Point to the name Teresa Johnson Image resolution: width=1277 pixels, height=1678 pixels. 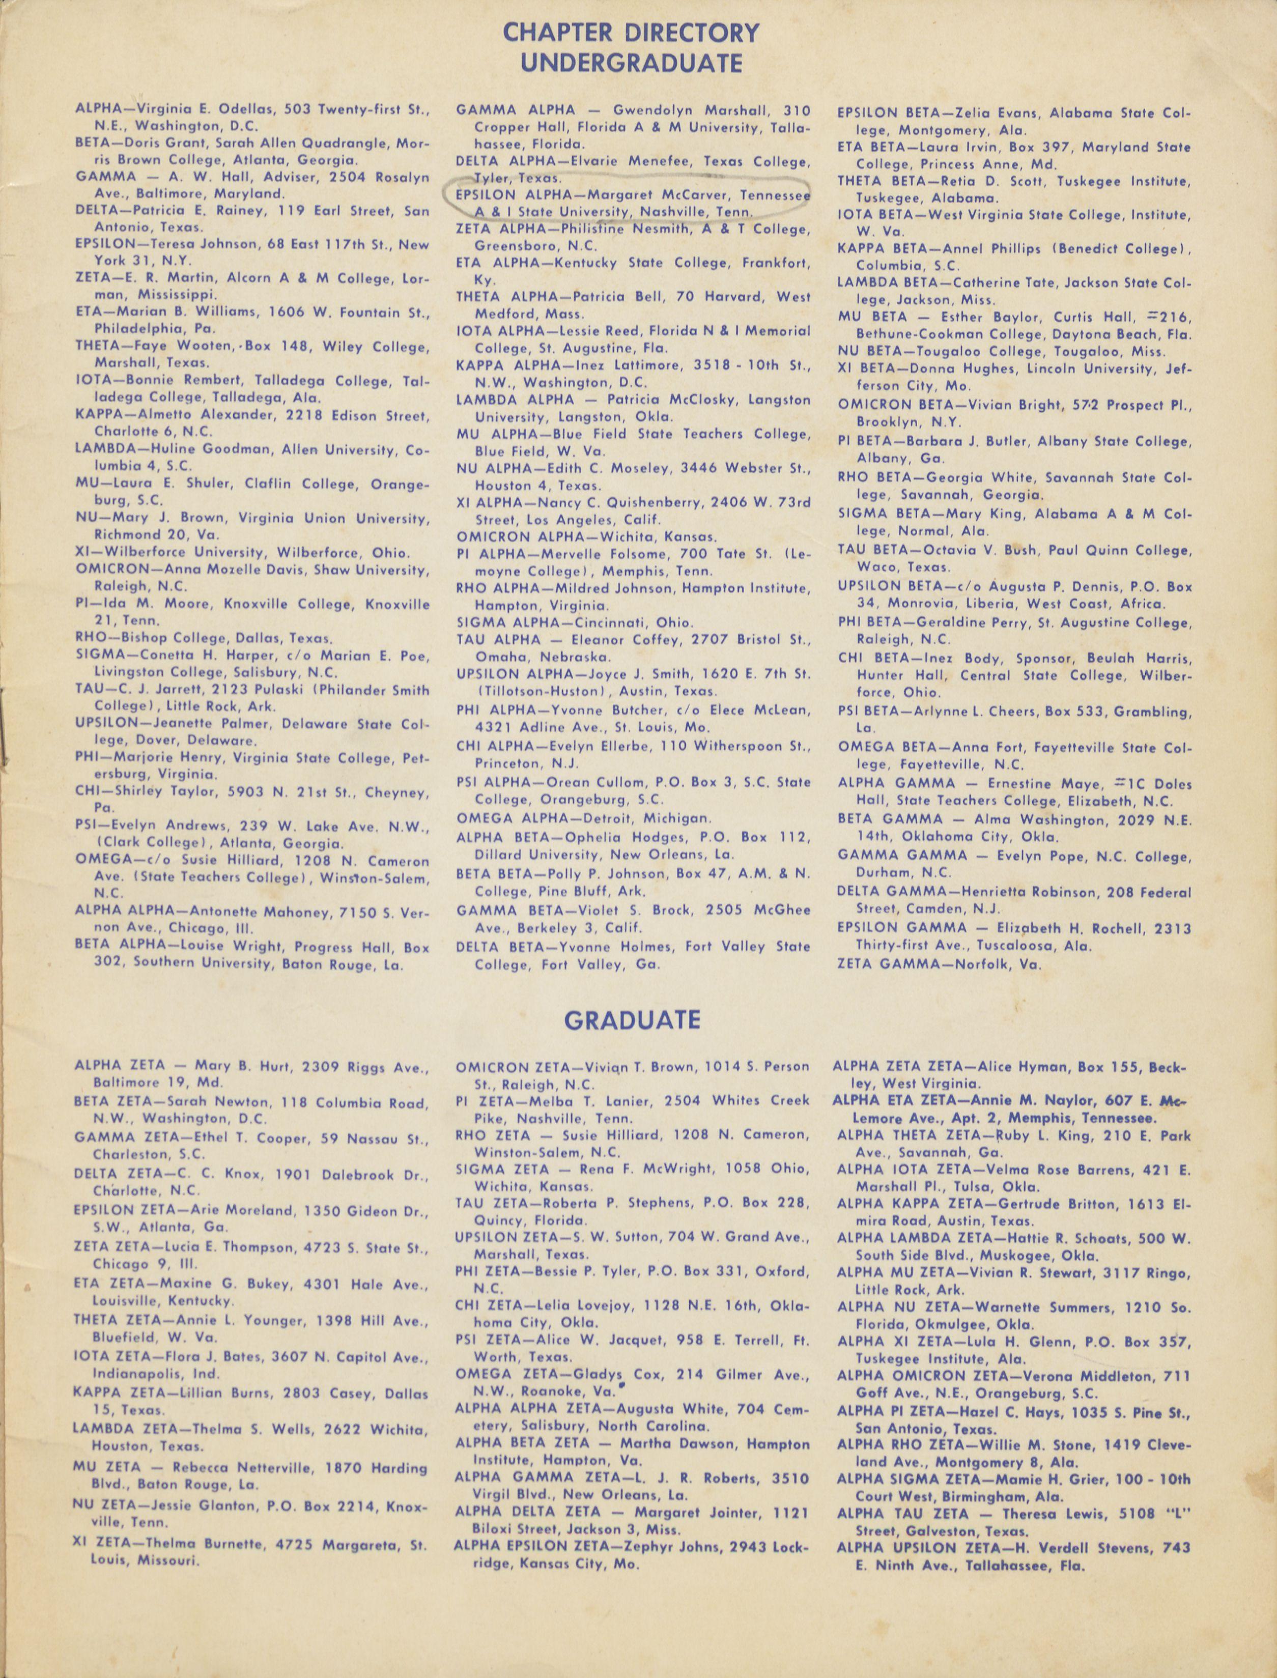click(184, 245)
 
